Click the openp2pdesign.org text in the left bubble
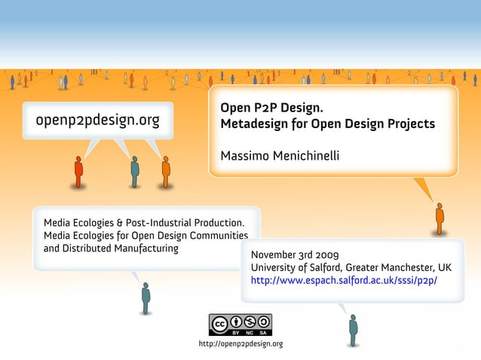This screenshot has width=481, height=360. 92,121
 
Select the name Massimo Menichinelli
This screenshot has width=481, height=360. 280,155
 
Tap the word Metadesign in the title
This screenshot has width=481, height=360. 256,123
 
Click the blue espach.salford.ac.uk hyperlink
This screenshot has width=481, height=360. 344,281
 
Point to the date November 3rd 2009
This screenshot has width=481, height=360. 295,254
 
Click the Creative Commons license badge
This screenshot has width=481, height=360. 240,325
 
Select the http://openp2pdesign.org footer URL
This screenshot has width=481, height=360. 240,343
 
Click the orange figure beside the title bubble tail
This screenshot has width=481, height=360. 440,218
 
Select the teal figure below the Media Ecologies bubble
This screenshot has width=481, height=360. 146,297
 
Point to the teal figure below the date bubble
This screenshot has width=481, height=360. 353,330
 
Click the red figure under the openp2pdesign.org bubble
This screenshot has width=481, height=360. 78,171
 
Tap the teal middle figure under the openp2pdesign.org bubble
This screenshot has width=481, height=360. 135,171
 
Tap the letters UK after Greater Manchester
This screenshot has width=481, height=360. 445,267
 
